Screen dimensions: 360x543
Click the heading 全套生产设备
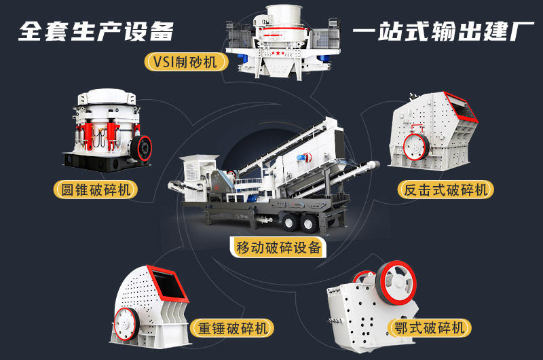click(x=96, y=31)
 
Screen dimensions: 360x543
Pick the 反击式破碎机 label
click(x=445, y=190)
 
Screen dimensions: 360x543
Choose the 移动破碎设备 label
click(x=278, y=247)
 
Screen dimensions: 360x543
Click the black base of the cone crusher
click(x=102, y=160)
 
